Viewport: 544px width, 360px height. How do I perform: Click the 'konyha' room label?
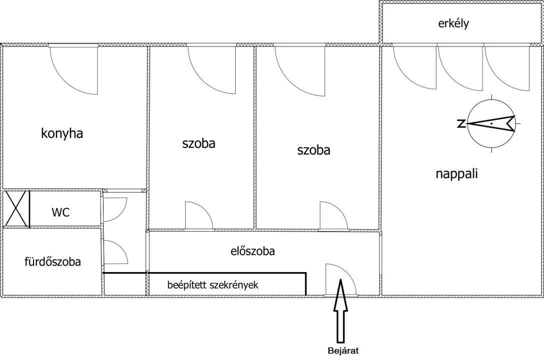point(62,133)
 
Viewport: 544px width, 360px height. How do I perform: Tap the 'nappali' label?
point(456,173)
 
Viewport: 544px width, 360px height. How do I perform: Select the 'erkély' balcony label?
point(453,23)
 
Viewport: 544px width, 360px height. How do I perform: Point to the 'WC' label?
point(61,212)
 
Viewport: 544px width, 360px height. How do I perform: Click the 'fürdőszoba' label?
point(53,261)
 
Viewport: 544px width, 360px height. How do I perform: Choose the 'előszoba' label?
point(253,250)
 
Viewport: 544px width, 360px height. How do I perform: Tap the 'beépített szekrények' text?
point(213,285)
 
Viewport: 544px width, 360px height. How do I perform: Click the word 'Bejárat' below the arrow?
point(343,350)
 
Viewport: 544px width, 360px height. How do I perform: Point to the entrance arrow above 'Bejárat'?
point(341,310)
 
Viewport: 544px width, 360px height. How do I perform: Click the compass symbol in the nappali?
point(491,123)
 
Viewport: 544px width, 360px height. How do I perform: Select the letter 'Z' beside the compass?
point(461,123)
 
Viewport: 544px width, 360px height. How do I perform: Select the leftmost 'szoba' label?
point(199,143)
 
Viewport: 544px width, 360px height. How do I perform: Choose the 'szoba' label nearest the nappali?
point(314,150)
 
